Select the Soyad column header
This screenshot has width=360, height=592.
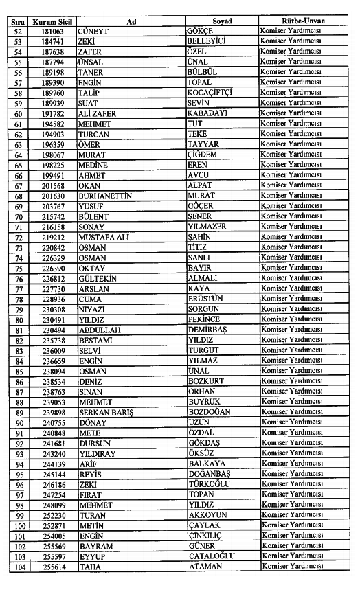click(x=222, y=21)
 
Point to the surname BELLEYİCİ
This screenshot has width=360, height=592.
click(x=207, y=41)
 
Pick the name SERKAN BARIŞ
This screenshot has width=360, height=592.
click(x=106, y=412)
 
